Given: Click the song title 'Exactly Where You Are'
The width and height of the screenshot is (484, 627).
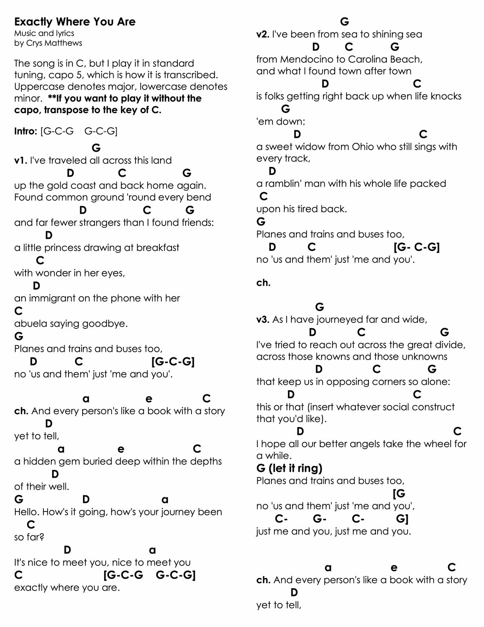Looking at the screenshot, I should point(75,22).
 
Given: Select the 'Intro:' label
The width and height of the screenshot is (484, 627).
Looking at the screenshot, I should point(26,131).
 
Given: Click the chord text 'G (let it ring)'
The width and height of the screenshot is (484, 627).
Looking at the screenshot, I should point(289,468).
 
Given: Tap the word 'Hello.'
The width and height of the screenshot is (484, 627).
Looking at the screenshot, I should point(27,512).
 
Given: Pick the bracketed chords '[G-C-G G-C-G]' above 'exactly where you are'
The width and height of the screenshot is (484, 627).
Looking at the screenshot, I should point(150,575).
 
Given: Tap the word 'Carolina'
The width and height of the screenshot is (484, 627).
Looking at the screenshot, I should point(366,60).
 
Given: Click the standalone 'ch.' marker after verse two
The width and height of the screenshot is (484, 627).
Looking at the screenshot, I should point(263,283).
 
